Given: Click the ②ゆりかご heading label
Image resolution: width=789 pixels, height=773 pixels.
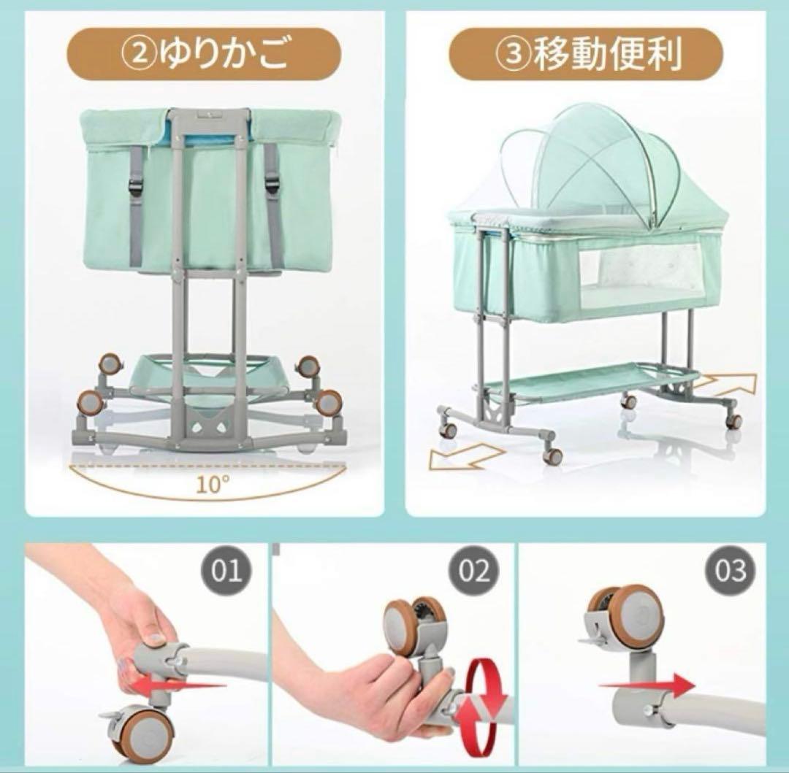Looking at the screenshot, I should (x=204, y=54).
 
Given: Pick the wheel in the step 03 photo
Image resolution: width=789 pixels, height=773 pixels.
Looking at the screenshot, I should (x=629, y=618).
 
